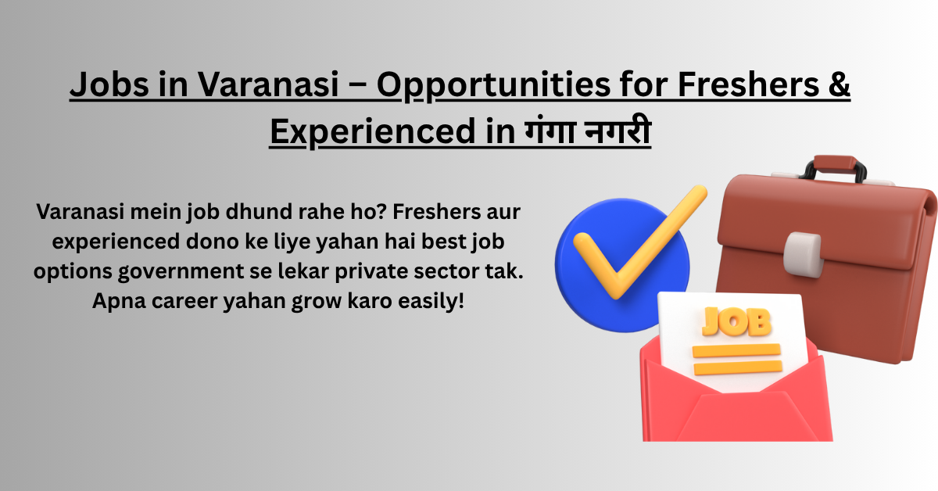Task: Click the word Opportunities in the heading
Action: (x=494, y=86)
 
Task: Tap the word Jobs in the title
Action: (x=109, y=84)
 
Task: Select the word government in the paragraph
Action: (x=181, y=272)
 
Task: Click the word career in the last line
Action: (x=184, y=301)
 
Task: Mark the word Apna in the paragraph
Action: (x=119, y=301)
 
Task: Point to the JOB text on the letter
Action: (x=736, y=321)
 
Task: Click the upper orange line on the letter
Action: (x=736, y=350)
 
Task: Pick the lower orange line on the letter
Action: (x=738, y=367)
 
